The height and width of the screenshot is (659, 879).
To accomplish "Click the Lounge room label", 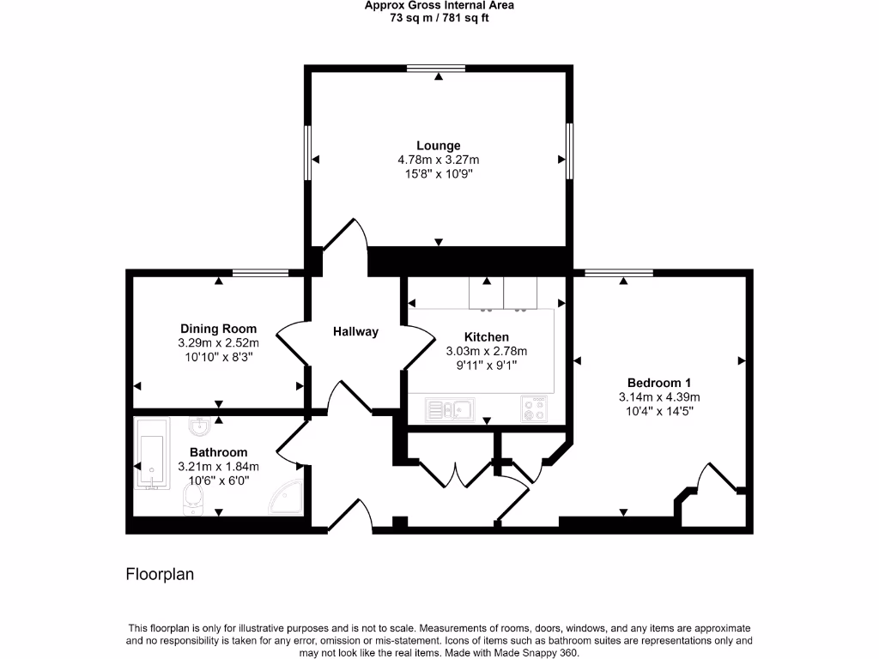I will coord(439,146).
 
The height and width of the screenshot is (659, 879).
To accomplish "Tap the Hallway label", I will coord(355,331).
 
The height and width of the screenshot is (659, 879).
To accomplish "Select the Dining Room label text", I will coord(218,329).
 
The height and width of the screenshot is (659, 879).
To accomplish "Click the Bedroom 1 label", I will coord(659,383).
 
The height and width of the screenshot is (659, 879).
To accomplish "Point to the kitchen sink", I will coord(450,409).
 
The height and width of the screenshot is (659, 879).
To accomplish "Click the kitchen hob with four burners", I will coord(534,409).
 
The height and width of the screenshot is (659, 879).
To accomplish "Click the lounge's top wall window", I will coord(436,68).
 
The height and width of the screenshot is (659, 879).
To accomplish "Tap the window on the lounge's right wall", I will coord(569,151).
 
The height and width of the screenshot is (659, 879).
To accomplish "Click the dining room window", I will coord(260,273).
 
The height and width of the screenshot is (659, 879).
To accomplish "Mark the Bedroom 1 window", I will coord(618,273).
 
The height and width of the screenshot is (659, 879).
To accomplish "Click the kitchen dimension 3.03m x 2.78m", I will coord(486,351).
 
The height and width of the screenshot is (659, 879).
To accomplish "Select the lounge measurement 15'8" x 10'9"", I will coord(439,173).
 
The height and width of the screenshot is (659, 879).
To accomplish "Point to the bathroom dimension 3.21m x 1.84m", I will coord(218,466).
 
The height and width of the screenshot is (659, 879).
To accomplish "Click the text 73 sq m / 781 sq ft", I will coord(439,18).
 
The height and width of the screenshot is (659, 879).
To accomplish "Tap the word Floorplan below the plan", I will coord(160,574).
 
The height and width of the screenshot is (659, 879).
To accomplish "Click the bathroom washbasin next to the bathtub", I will coord(200,425).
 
